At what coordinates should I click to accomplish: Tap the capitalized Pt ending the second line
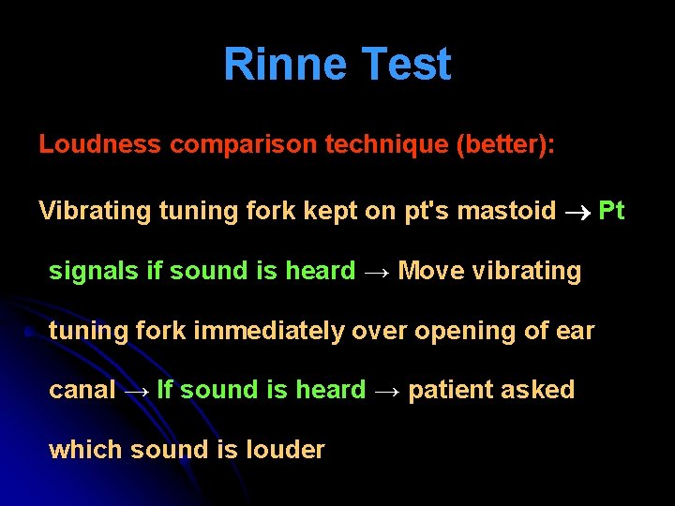(611, 211)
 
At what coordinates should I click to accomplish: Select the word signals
(95, 271)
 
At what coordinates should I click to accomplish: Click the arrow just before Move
(377, 272)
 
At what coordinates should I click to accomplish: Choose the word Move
(432, 271)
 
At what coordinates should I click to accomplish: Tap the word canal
(82, 390)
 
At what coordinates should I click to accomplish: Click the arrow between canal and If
(136, 391)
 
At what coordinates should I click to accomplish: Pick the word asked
(540, 390)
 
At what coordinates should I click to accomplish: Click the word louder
(285, 450)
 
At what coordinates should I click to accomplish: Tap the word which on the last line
(86, 450)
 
